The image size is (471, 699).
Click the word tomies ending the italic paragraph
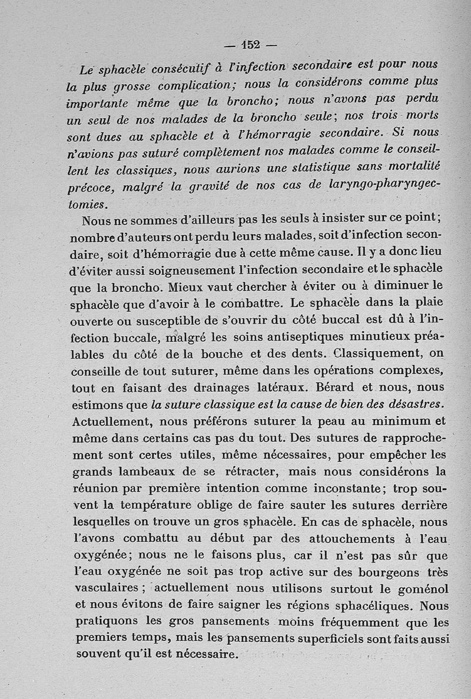(x=88, y=204)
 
